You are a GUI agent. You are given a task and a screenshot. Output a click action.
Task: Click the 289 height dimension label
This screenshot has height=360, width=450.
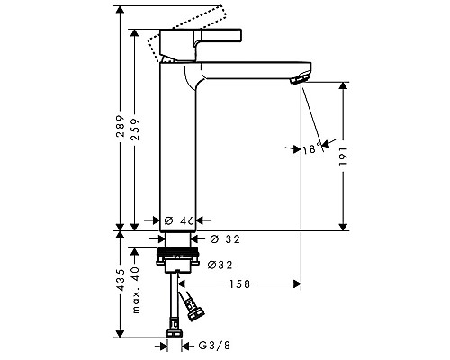(x=121, y=126)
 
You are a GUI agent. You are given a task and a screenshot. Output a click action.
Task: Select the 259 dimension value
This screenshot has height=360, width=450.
(x=135, y=130)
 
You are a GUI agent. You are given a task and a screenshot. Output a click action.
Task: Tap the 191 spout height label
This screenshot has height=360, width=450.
(x=343, y=156)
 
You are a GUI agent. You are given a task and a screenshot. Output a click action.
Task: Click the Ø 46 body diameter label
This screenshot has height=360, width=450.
(x=179, y=221)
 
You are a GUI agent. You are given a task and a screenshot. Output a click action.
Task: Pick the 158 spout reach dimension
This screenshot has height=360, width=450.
(x=239, y=284)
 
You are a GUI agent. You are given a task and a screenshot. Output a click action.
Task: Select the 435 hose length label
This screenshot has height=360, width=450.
(x=121, y=280)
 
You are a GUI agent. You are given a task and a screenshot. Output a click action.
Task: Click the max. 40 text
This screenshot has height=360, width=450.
(x=136, y=290)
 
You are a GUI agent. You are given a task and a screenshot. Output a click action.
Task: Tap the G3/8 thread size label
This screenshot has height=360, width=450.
(x=214, y=346)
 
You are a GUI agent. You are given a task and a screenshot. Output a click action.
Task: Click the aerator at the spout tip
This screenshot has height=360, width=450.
(x=299, y=78)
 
